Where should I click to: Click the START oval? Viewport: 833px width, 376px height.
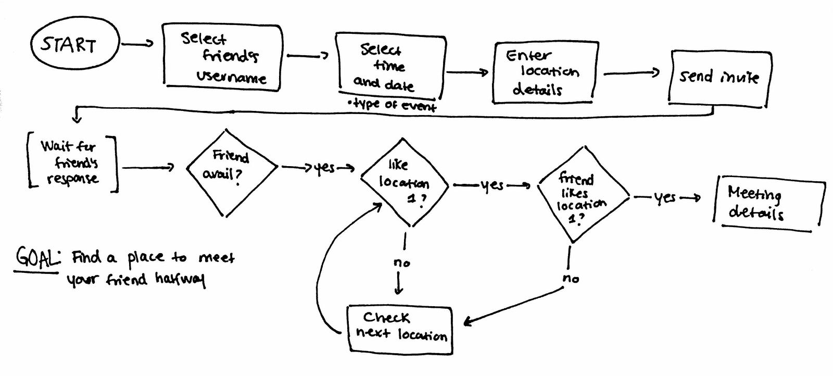pos(69,44)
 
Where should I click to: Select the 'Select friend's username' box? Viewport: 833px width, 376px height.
pos(223,57)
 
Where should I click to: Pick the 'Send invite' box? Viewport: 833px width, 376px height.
pos(719,78)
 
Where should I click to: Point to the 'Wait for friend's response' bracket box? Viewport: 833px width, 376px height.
pos(71,162)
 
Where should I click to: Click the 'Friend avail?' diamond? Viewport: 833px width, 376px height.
pos(231,167)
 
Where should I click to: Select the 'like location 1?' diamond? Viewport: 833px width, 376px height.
pos(405,182)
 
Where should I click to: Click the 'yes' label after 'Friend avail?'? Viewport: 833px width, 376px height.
pos(324,168)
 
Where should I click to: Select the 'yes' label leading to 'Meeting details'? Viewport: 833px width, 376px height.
pos(665,198)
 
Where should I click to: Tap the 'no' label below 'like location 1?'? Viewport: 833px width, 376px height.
pos(401,264)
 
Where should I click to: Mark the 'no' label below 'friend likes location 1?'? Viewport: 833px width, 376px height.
pos(571,279)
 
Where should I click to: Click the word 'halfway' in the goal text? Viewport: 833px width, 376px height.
pos(180,280)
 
